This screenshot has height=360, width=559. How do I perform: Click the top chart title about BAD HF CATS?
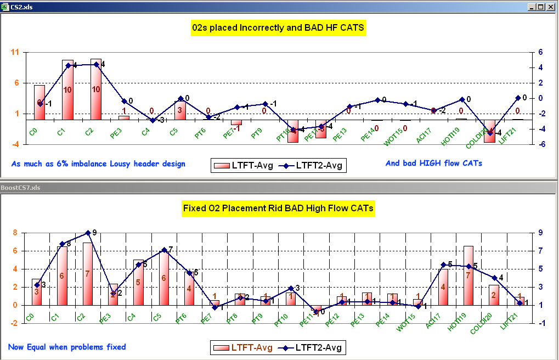pyautogui.click(x=278, y=29)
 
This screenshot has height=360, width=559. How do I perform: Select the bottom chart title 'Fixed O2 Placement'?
pyautogui.click(x=278, y=209)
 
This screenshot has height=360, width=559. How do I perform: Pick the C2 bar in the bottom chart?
pyautogui.click(x=87, y=273)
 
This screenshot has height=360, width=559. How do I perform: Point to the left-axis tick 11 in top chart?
pyautogui.click(x=15, y=52)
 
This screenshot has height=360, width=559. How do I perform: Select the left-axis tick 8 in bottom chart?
pyautogui.click(x=16, y=233)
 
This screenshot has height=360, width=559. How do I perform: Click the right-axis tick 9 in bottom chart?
pyautogui.click(x=540, y=233)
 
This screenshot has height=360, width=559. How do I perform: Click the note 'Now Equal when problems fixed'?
pyautogui.click(x=66, y=347)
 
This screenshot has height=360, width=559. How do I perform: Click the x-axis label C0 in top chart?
pyautogui.click(x=33, y=132)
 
